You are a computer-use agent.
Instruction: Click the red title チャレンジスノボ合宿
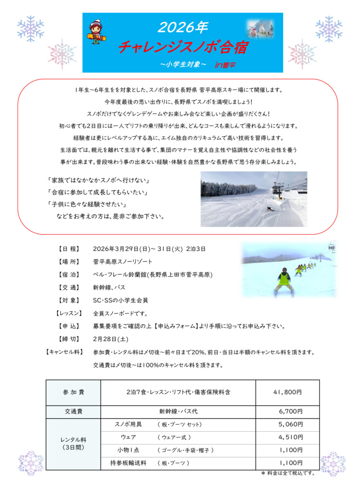pyautogui.click(x=183, y=47)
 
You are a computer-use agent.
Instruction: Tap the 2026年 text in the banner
pyautogui.click(x=183, y=27)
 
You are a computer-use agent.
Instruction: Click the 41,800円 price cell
pyautogui.click(x=287, y=392)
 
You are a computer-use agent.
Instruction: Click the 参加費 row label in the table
pyautogui.click(x=74, y=392)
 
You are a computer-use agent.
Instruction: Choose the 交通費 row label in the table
pyautogui.click(x=74, y=411)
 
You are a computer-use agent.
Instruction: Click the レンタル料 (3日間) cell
pyautogui.click(x=74, y=444)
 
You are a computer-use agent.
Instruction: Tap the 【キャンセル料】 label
pyautogui.click(x=64, y=352)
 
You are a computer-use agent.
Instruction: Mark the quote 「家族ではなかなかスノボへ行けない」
pyautogui.click(x=97, y=180)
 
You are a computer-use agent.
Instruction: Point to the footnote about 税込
pyautogui.click(x=288, y=473)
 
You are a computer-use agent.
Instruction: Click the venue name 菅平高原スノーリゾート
pyautogui.click(x=123, y=261)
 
